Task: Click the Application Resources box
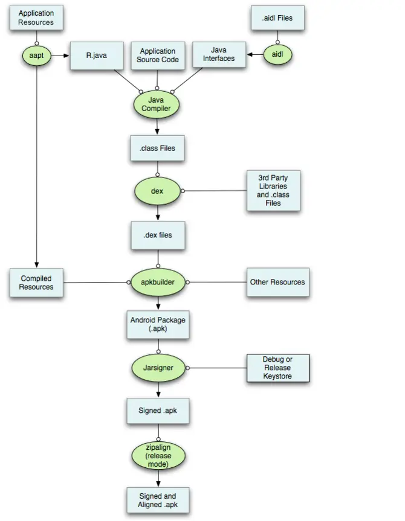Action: pyautogui.click(x=36, y=18)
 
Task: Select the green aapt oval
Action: pyautogui.click(x=36, y=56)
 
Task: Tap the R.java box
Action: pyautogui.click(x=92, y=56)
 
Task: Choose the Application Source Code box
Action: pyautogui.click(x=157, y=56)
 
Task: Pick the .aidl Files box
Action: pyautogui.click(x=277, y=18)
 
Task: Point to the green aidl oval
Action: pyautogui.click(x=277, y=55)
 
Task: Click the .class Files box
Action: pyautogui.click(x=157, y=148)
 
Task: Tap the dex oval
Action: pyautogui.click(x=157, y=191)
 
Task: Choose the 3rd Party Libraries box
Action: pyautogui.click(x=273, y=191)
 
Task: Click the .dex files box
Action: pyautogui.click(x=157, y=235)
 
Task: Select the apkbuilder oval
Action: pyautogui.click(x=157, y=282)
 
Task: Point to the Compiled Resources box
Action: pyautogui.click(x=36, y=283)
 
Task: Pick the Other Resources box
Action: pyautogui.click(x=277, y=282)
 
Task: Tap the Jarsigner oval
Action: pyautogui.click(x=157, y=367)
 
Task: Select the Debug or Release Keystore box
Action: pyautogui.click(x=277, y=368)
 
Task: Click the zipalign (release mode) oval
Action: pyautogui.click(x=157, y=456)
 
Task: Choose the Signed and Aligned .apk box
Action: pyautogui.click(x=157, y=500)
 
